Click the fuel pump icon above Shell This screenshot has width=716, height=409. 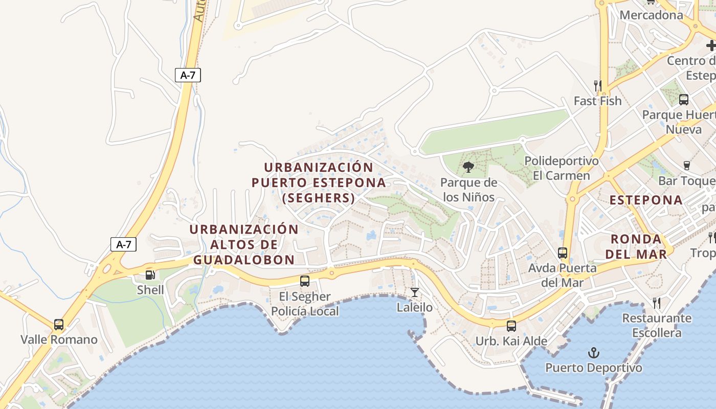pos(150,275)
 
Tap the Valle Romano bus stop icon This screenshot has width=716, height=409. pos(59,325)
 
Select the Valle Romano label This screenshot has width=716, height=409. pos(59,339)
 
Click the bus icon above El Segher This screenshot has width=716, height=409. pos(305,281)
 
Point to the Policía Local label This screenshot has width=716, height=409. pos(305,311)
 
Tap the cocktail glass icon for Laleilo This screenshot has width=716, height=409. pos(415,292)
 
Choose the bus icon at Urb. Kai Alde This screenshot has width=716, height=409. pos(511,326)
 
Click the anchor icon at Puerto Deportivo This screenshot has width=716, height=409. pos(594,353)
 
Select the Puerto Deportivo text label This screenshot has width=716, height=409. pos(594,368)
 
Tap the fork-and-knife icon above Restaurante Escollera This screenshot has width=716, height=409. pos(657,303)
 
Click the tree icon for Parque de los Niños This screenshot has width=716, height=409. pos(468,167)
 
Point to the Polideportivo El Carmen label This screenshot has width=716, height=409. pos(562,168)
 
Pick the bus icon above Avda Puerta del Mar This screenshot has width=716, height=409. pos(563,253)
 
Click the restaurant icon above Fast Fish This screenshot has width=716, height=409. pos(597,85)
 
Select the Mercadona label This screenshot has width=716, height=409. pos(651,15)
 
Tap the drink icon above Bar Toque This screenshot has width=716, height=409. pos(687,166)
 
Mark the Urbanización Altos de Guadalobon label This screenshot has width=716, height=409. pos(244,244)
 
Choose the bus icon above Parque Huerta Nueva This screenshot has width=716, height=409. pos(684,99)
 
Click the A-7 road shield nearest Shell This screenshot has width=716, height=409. pos(124,244)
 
